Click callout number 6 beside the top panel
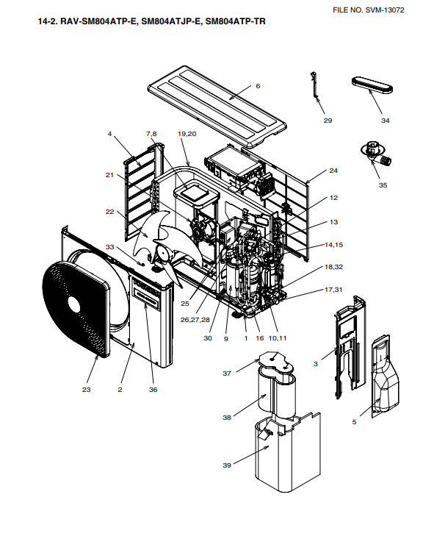258,86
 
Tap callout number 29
328,121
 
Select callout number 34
386,121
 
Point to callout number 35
383,185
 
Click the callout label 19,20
187,134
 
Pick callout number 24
333,171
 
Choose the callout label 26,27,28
195,320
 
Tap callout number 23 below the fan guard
86,390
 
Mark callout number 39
227,465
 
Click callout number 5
354,422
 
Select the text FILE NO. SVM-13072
369,10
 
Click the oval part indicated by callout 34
372,85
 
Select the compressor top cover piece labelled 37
275,362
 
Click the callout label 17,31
333,290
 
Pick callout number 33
109,247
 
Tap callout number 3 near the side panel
315,364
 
